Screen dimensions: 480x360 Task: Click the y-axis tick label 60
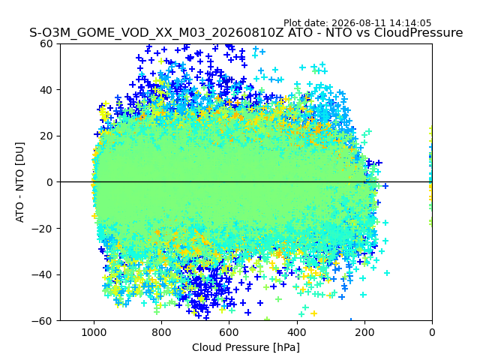(46, 43)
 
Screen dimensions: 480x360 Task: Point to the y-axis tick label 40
(46, 90)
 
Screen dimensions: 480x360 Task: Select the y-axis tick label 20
(46, 136)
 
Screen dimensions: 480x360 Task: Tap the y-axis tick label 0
(50, 182)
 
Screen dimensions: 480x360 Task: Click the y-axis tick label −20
(42, 228)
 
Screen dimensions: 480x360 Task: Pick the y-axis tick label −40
(42, 274)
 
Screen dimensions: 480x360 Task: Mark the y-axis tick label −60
(42, 321)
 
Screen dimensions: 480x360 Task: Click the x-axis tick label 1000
(94, 332)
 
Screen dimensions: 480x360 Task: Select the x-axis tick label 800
(162, 332)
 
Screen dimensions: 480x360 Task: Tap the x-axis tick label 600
(229, 332)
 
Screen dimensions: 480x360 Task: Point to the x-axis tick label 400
(297, 332)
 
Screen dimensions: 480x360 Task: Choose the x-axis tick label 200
(364, 332)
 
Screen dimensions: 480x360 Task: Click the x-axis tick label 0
(432, 332)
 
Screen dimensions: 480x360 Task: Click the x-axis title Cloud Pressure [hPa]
(246, 347)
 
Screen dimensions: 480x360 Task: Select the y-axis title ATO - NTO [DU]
(20, 182)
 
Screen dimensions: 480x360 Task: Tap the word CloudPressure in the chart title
(418, 32)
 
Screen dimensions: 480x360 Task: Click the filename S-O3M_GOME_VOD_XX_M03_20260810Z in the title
(157, 33)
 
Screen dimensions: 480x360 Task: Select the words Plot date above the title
(305, 23)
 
